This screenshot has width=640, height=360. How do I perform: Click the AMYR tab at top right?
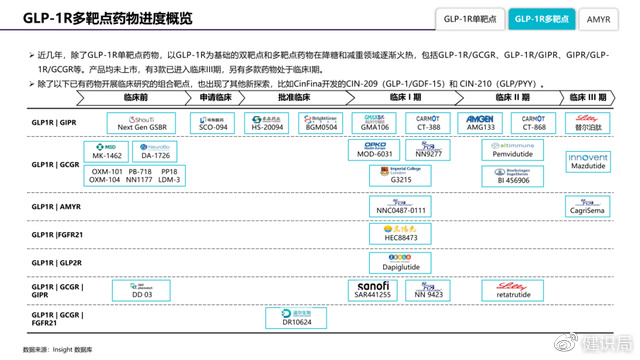598,19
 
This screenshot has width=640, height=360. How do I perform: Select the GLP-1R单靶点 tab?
470,19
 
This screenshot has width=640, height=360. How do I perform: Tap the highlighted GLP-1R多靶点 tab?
541,19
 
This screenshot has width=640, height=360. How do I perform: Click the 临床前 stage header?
136,97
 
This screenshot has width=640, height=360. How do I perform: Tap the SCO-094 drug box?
213,123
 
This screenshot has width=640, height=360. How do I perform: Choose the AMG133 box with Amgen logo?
481,123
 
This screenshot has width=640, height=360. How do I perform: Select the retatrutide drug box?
512,290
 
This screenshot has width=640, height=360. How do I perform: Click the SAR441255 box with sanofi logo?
373,290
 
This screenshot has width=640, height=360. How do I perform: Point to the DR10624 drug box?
296,318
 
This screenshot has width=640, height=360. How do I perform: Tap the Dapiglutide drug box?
400,263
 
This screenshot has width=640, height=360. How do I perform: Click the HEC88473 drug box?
400,234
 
